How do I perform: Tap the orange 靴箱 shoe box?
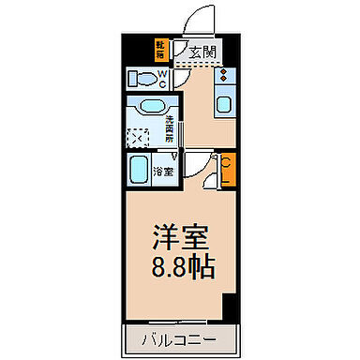tap(161, 48)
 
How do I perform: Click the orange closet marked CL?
tap(228, 171)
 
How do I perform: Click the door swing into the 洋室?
tap(195, 166)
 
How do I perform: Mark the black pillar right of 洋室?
tap(228, 307)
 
